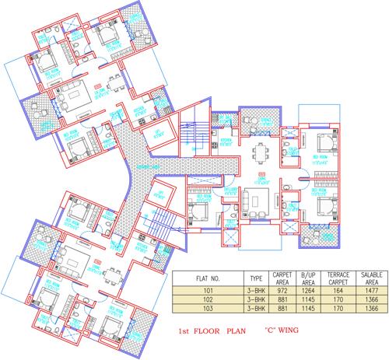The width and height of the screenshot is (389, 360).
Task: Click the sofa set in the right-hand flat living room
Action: pos(255,199)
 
